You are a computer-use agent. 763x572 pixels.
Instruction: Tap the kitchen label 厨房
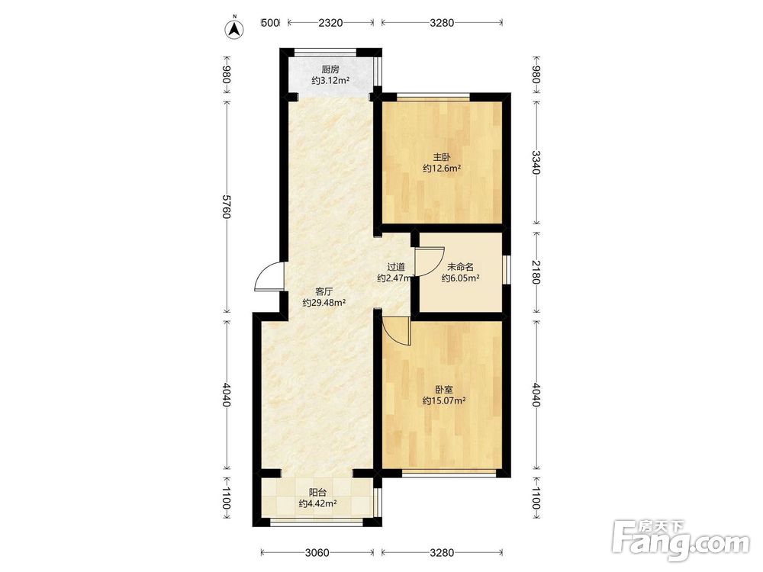[x=330, y=69]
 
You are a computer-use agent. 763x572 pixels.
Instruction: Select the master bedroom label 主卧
[x=442, y=157]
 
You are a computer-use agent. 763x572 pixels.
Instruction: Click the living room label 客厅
[x=324, y=292]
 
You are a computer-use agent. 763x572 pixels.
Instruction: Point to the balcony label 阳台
[x=318, y=493]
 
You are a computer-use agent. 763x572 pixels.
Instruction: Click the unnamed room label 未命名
[x=460, y=266]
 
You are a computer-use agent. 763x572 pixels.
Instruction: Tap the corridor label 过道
[x=396, y=266]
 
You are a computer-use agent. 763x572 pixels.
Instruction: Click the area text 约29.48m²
[x=324, y=303]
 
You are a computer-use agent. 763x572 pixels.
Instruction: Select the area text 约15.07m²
[x=444, y=401]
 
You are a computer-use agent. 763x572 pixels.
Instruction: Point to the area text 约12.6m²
[x=442, y=169]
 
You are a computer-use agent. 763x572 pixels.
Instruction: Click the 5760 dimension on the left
[x=226, y=206]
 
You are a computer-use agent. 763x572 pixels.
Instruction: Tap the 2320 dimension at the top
[x=330, y=22]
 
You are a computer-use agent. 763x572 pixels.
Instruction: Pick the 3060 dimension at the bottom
[x=317, y=552]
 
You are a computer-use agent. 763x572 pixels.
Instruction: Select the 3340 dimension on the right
[x=536, y=162]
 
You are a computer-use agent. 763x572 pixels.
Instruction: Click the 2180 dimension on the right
[x=536, y=272]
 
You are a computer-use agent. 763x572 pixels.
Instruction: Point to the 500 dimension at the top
[x=271, y=22]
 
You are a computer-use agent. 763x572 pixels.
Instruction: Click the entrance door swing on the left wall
[x=267, y=276]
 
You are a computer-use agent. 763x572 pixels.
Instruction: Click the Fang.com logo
[x=681, y=540]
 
